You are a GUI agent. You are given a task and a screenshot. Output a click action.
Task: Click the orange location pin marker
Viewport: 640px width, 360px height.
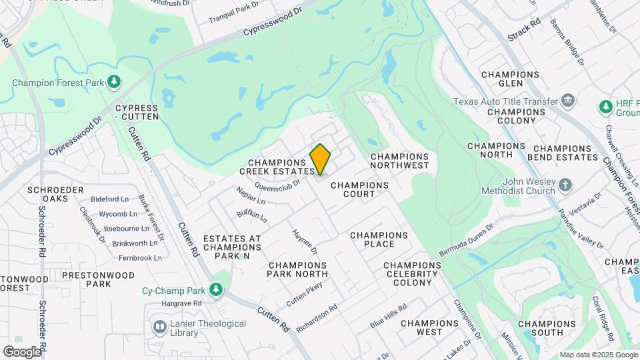[x=321, y=159]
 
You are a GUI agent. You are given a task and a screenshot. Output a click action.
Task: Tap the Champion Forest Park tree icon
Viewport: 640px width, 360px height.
[x=115, y=81]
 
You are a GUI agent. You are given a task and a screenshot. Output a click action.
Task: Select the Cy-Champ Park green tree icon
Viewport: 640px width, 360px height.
[x=215, y=290]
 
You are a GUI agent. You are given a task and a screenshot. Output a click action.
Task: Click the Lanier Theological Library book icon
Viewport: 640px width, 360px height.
[x=160, y=327]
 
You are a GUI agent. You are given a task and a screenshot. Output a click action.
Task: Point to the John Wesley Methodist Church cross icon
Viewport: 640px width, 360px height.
[x=565, y=185]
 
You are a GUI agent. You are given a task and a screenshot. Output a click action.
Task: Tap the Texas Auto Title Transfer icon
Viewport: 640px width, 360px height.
[x=568, y=101]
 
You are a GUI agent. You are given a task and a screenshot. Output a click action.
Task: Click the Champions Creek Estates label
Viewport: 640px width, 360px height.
[x=281, y=167]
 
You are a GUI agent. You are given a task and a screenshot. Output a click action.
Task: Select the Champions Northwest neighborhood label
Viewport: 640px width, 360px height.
[x=399, y=160]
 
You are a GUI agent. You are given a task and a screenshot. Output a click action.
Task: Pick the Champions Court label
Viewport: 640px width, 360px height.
[x=359, y=189]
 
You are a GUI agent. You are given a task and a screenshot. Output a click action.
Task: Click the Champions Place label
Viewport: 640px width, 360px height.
[x=379, y=239]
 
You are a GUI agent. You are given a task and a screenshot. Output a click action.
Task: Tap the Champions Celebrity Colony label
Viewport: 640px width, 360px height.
[x=412, y=273]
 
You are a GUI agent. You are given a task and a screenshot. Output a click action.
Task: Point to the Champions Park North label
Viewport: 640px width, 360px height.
[x=297, y=269]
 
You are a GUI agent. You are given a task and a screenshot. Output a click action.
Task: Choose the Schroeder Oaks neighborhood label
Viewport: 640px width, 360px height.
[x=55, y=194]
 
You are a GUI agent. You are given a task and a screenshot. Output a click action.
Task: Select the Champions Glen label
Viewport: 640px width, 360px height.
[x=510, y=79]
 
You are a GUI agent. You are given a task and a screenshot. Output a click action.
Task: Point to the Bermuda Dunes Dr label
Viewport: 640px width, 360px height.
[x=466, y=240]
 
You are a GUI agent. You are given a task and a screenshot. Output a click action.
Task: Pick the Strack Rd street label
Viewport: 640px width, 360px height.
[x=524, y=30]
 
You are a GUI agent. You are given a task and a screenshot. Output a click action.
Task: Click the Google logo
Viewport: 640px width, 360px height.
[x=22, y=351]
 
